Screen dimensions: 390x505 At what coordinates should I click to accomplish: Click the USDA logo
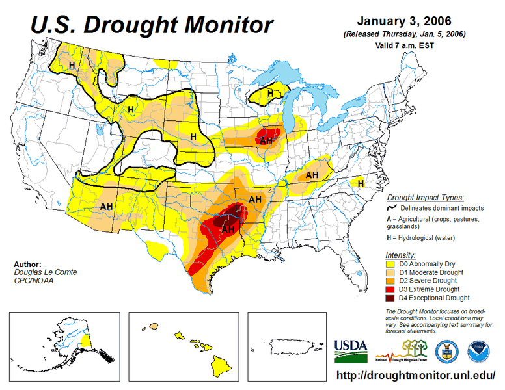(351, 350)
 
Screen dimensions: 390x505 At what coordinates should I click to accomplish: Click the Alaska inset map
(64, 344)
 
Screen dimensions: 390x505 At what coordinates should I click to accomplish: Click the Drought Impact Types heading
(425, 197)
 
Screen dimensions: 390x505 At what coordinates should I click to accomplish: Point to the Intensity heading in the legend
(400, 255)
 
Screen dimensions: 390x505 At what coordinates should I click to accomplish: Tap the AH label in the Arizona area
(106, 206)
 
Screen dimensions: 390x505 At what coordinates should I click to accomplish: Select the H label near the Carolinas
(361, 184)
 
